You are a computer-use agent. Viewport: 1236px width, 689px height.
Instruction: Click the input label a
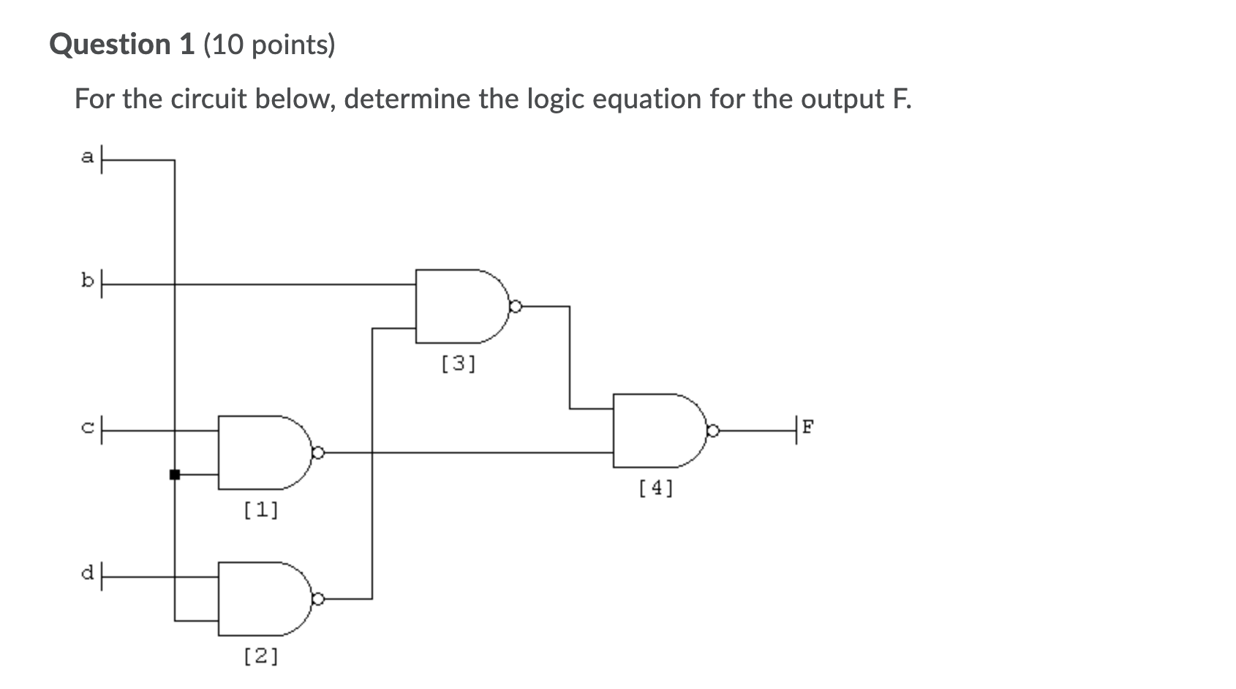tap(88, 157)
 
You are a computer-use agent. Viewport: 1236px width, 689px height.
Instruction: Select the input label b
tap(88, 281)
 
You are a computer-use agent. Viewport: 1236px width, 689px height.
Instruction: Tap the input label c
tap(88, 429)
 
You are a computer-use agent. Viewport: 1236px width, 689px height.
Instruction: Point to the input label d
tap(88, 573)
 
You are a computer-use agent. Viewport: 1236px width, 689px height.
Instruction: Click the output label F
tap(807, 426)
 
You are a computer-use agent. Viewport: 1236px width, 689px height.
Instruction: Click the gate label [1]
tap(261, 509)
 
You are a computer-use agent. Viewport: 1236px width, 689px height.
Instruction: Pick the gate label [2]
tap(261, 656)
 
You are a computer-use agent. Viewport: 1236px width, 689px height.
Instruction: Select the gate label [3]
tap(459, 364)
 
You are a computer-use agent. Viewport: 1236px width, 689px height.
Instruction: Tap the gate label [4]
tap(656, 487)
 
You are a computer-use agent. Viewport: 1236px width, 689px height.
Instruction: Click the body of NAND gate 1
tap(260, 453)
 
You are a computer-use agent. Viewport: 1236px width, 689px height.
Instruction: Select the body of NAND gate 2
tap(260, 599)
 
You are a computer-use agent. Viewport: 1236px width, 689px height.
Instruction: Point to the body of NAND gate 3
tap(457, 306)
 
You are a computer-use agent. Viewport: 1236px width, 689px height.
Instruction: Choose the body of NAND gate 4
tap(655, 431)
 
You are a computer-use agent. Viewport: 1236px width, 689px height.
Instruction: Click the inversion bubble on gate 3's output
tap(515, 306)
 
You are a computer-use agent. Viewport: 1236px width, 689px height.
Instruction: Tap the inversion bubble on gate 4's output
tap(712, 431)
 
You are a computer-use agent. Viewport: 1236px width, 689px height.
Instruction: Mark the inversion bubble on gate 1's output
tap(317, 453)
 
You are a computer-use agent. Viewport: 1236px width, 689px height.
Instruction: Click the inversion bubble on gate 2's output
tap(317, 599)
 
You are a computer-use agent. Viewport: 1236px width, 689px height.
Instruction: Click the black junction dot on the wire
tap(175, 475)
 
